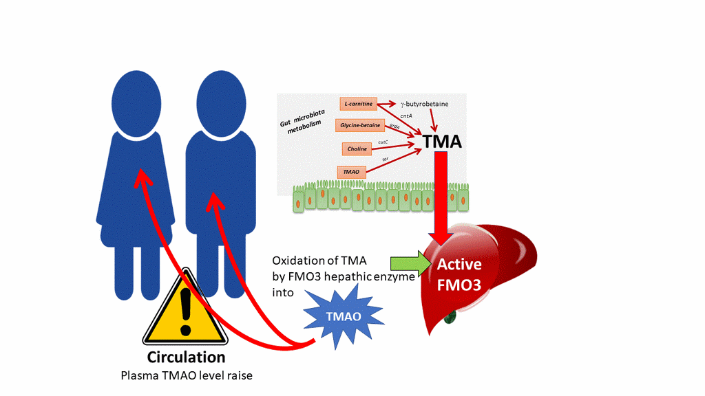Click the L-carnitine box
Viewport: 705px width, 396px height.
[358, 104]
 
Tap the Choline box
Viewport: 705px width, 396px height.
[357, 148]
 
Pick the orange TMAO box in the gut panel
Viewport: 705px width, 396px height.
[351, 171]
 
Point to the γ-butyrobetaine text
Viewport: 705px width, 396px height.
[424, 104]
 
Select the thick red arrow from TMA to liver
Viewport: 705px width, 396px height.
[441, 199]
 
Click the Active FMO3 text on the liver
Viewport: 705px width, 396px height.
[460, 274]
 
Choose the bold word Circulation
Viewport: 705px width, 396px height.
[186, 357]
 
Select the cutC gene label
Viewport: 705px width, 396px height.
[383, 142]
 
